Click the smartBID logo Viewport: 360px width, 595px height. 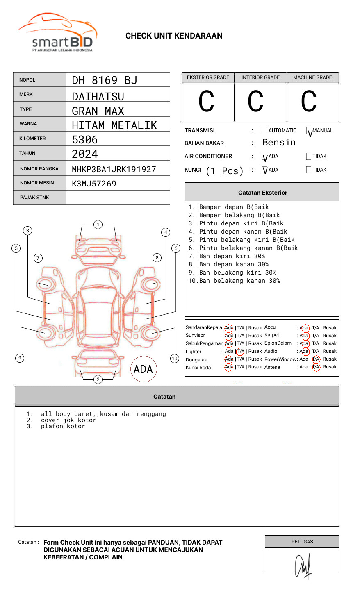(57, 33)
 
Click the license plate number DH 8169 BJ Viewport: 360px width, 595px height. (105, 80)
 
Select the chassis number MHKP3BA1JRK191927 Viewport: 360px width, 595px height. (114, 169)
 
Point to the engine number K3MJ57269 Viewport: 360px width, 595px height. (94, 184)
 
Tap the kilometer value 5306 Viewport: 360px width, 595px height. (85, 140)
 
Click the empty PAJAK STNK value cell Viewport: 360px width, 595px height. (118, 198)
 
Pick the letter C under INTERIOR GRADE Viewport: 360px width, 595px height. (255, 102)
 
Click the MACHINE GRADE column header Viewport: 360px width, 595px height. (312, 77)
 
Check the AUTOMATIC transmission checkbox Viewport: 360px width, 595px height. (264, 131)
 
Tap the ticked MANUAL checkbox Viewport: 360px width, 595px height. (309, 131)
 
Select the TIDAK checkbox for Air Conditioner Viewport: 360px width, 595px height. (309, 156)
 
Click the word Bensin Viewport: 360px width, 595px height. (279, 143)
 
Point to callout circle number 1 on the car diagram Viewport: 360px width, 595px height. (98, 224)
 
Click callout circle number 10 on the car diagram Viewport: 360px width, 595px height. (175, 359)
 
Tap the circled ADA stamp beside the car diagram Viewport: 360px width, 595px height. (143, 369)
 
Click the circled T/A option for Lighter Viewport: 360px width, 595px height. (240, 351)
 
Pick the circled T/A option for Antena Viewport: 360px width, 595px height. (316, 367)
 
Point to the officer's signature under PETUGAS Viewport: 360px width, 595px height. (303, 566)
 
